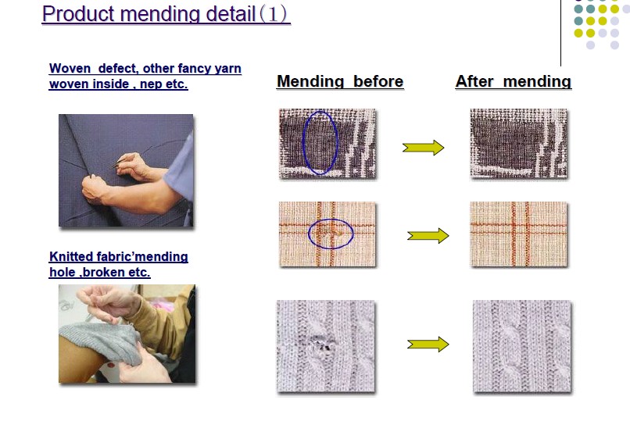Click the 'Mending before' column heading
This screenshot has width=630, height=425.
(x=340, y=81)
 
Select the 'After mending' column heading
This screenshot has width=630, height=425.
(x=514, y=81)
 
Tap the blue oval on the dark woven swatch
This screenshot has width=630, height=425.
(x=303, y=143)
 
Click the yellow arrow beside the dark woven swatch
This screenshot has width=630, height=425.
(x=423, y=148)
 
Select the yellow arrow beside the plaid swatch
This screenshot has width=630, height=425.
(x=428, y=235)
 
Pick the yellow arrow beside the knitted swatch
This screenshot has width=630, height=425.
(x=428, y=345)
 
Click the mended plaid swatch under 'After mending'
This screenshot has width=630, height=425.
(x=519, y=234)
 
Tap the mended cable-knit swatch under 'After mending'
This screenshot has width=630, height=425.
(x=522, y=346)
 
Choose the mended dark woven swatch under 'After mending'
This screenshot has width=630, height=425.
(x=519, y=143)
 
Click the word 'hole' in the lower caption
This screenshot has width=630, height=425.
(x=63, y=272)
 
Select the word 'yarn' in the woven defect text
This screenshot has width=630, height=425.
(x=227, y=69)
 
